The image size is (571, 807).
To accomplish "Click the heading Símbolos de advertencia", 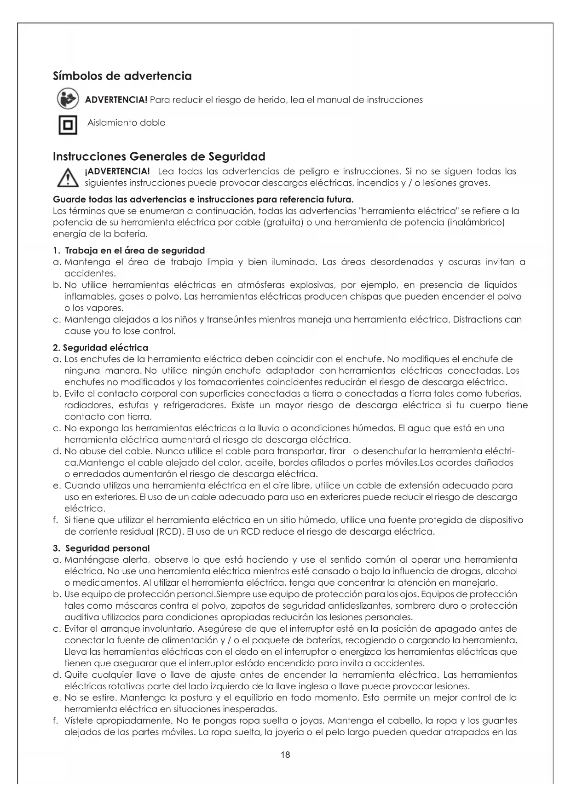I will click(122, 76).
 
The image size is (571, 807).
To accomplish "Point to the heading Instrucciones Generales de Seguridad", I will click(159, 156).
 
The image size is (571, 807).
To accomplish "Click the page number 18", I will click(285, 755).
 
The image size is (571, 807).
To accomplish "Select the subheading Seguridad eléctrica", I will click(105, 347).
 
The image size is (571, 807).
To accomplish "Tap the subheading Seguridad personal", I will click(107, 548).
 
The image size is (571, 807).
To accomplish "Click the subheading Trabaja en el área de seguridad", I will click(134, 251).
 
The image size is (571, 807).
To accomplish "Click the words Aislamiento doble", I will click(127, 123).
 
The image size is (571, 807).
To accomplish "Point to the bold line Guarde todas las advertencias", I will click(203, 200).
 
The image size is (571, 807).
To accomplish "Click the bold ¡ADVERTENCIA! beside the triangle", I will click(118, 172).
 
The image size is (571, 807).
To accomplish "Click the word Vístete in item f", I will click(80, 721).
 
